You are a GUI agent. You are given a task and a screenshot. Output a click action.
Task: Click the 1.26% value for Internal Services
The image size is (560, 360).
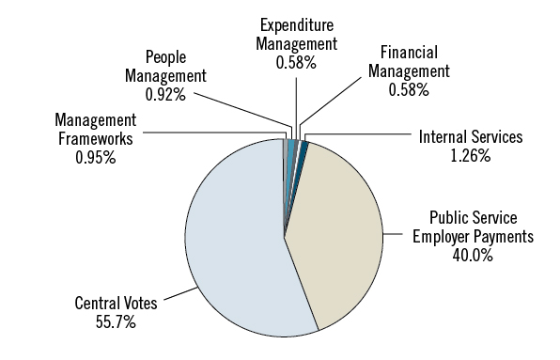coord(470,156)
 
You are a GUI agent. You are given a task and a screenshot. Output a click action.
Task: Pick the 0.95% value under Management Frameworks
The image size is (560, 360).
coord(95,158)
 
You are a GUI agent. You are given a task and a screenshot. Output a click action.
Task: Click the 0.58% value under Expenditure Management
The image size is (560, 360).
coord(299,62)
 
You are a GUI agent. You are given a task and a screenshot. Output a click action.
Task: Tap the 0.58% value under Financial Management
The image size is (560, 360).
coord(411,90)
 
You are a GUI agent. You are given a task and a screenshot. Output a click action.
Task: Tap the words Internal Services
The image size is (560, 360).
coord(470,138)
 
